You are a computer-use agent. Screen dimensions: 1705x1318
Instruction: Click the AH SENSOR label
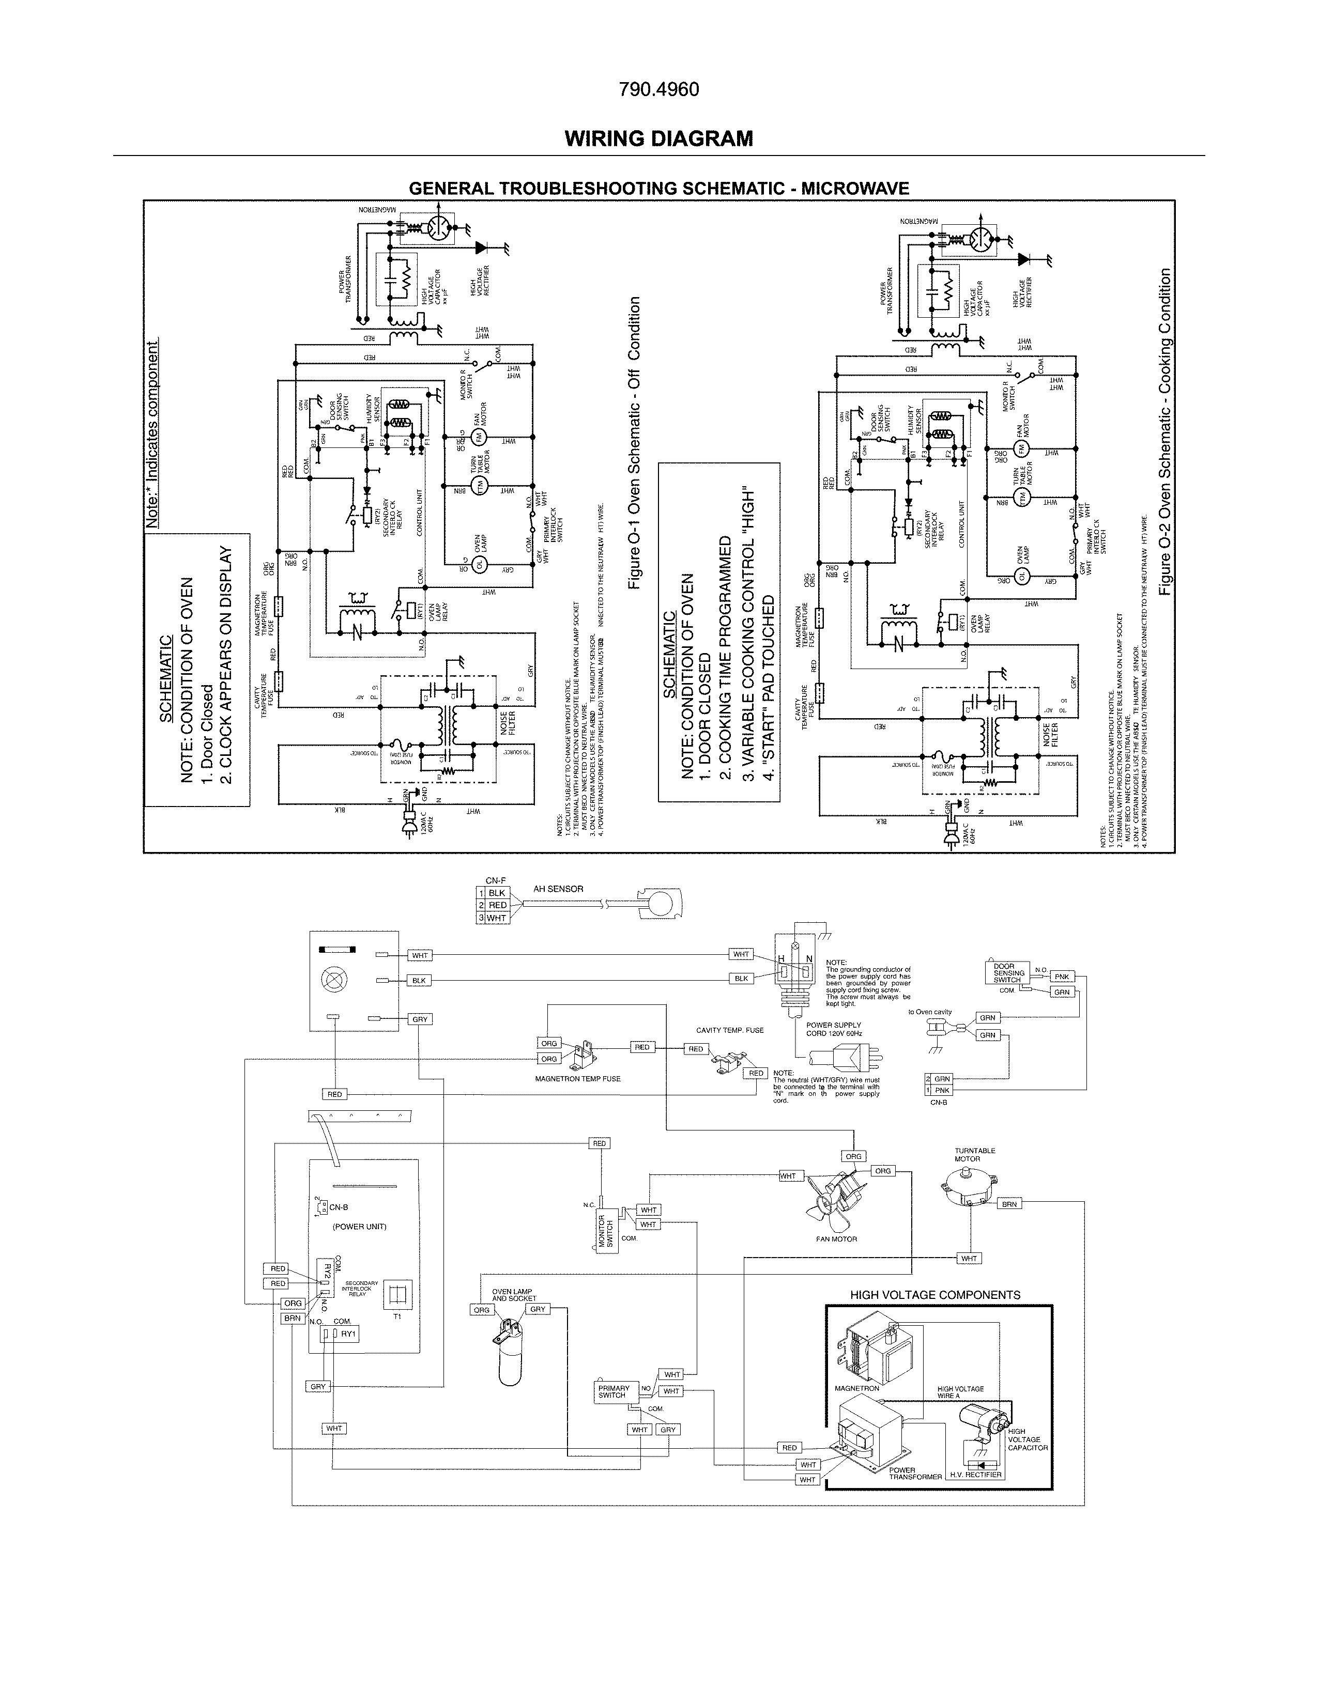558,889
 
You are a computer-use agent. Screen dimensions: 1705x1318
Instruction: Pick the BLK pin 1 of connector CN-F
492,892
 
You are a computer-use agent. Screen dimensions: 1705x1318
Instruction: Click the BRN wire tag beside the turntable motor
1009,1204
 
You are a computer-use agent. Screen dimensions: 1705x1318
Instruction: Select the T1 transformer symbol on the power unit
397,1294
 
